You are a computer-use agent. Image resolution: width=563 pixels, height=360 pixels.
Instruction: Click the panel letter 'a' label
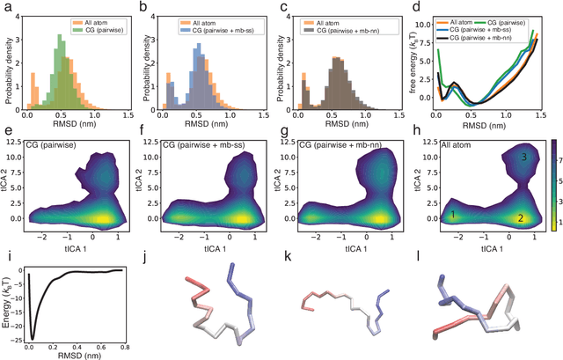click(7, 7)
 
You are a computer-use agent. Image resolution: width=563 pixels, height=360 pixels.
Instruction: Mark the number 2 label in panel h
click(521, 217)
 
